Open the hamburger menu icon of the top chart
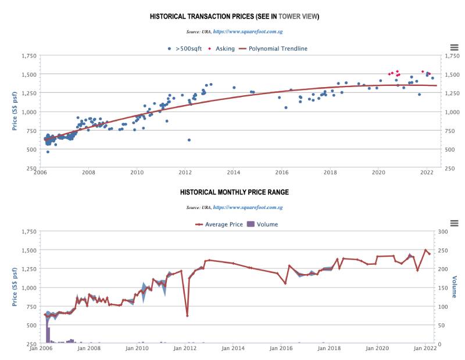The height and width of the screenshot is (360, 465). (455, 47)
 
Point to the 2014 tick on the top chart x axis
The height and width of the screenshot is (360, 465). (234, 172)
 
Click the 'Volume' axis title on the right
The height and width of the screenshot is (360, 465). (455, 287)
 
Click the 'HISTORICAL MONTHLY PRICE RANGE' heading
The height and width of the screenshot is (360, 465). (234, 192)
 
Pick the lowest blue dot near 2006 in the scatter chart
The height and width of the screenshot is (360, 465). (48, 152)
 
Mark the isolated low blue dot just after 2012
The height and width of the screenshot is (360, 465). (189, 140)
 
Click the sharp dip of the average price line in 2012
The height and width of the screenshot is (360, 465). (187, 315)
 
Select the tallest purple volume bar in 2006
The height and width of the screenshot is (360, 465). (48, 336)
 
